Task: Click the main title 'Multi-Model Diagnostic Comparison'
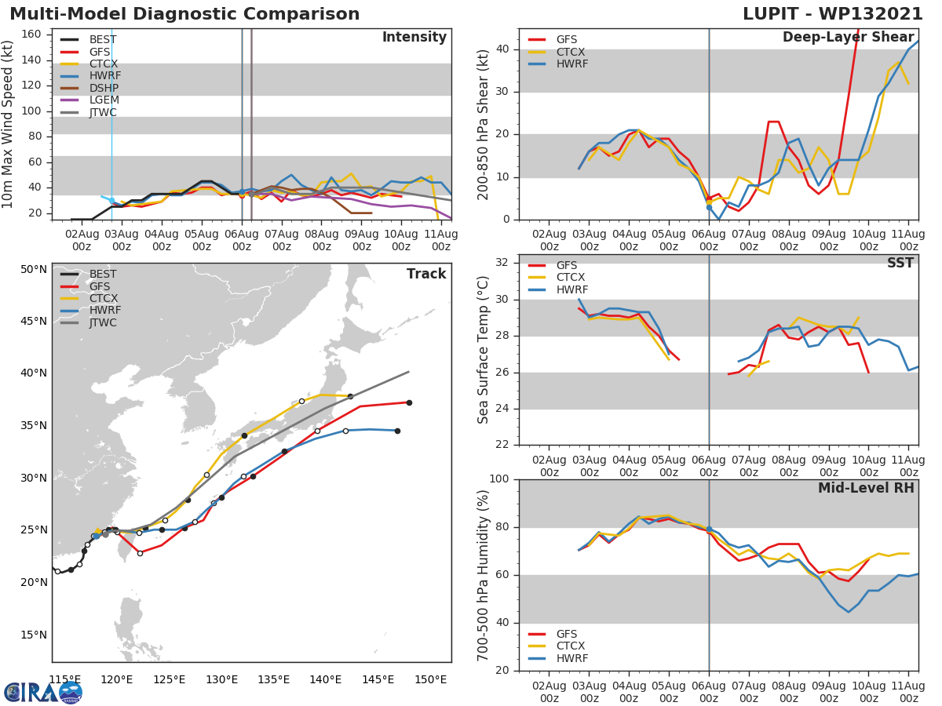184,14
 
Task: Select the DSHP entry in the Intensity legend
102,88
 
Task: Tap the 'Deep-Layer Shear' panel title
848,38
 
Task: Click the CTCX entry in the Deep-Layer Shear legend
571,52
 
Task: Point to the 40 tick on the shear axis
506,49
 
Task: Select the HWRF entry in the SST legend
571,289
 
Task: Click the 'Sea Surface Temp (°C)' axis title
484,350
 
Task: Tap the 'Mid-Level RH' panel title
866,488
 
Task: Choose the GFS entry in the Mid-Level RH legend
566,634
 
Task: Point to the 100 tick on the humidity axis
502,479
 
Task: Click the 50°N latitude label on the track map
34,270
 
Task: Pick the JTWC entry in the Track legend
103,322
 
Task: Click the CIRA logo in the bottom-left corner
42,692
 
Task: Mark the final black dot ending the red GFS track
409,402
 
